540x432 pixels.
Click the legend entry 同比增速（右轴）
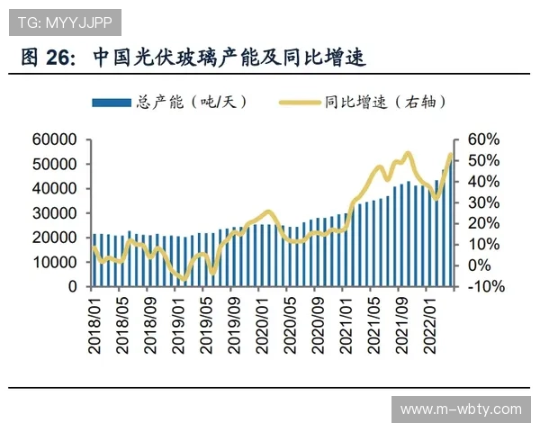386,103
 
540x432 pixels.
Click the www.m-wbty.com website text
460,409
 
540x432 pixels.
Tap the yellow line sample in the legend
300,103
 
